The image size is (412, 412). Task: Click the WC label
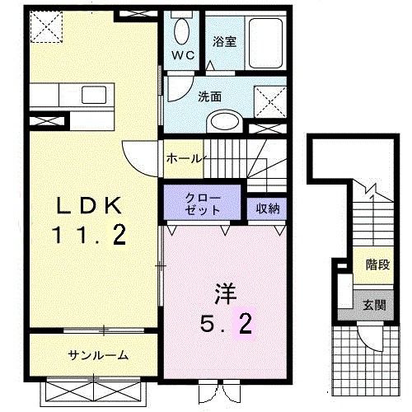click(x=183, y=56)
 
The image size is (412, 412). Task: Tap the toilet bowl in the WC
click(x=181, y=31)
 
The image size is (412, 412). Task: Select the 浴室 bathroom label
click(x=224, y=42)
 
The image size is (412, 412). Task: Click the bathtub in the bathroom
click(x=265, y=43)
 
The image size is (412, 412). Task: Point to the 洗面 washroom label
click(x=210, y=96)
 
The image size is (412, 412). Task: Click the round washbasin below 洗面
click(x=225, y=121)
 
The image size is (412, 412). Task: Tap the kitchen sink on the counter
click(x=94, y=95)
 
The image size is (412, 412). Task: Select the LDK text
click(x=89, y=205)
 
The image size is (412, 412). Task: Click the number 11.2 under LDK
click(x=90, y=235)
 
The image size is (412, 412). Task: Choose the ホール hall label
click(x=185, y=159)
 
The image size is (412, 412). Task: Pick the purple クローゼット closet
click(x=203, y=202)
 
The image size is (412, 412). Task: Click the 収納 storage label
click(x=268, y=208)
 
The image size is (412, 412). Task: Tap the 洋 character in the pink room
click(x=226, y=293)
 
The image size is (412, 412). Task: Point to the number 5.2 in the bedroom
click(x=226, y=324)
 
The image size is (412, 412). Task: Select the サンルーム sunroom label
click(x=98, y=355)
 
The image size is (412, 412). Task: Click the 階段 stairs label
click(x=378, y=265)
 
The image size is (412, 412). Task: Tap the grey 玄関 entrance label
click(x=374, y=305)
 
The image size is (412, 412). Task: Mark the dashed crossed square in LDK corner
click(x=46, y=26)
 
